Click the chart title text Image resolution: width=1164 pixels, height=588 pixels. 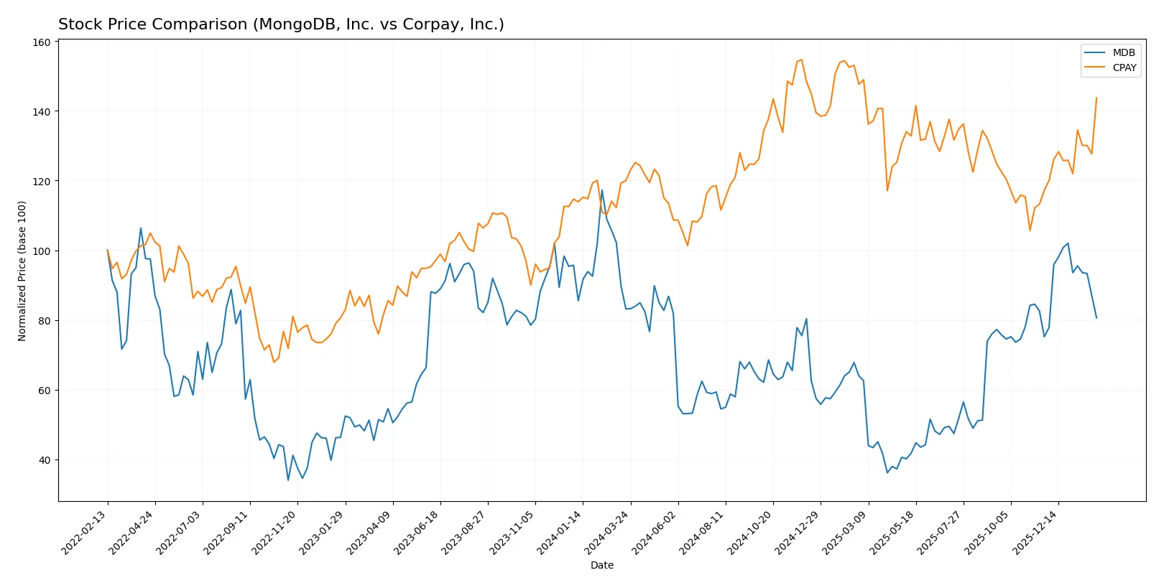(x=281, y=24)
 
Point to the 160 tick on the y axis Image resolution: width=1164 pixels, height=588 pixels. (x=42, y=42)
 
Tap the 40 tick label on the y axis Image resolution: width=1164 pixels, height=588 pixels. (x=44, y=460)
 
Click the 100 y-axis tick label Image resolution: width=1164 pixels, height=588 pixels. (x=42, y=251)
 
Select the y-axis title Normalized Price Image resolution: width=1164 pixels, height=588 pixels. (x=22, y=271)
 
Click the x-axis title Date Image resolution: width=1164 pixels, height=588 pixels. (x=601, y=565)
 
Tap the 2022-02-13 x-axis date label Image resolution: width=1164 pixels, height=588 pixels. (x=84, y=532)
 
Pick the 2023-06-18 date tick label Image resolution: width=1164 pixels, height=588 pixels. (x=417, y=532)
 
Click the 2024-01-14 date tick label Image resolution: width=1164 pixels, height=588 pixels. (x=560, y=532)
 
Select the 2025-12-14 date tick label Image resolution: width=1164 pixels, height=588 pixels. (x=1035, y=532)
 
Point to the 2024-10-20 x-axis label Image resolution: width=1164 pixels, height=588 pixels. (x=750, y=532)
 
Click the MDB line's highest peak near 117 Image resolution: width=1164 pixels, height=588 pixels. (x=602, y=190)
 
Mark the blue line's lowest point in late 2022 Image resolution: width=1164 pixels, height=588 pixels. (x=288, y=480)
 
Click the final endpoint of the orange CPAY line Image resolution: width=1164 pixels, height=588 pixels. (x=1096, y=98)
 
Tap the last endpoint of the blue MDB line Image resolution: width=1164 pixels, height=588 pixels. (x=1096, y=318)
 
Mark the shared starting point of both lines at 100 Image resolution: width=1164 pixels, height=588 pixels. (x=108, y=251)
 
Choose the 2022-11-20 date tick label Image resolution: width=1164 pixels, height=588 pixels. (x=274, y=532)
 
